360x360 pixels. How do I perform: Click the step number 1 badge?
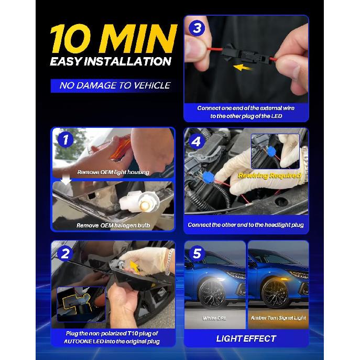[66, 139]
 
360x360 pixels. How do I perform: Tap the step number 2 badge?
[65, 254]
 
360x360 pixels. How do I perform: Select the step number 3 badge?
[197, 28]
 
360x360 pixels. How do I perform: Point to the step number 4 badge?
[196, 141]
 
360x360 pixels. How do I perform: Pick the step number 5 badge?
[197, 254]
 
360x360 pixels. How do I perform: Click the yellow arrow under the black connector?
[242, 68]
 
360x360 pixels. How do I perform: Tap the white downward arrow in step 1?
[66, 180]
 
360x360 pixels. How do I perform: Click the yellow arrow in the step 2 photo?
[135, 266]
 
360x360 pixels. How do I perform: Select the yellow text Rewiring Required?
[269, 176]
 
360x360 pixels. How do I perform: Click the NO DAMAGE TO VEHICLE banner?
[114, 85]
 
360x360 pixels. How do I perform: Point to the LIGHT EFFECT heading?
[246, 339]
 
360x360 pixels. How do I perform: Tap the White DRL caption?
[214, 318]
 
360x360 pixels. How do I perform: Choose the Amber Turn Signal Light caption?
[278, 318]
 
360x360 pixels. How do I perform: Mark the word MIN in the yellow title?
[138, 38]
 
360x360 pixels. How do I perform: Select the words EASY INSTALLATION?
[111, 61]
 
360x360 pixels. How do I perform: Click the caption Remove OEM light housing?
[113, 172]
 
